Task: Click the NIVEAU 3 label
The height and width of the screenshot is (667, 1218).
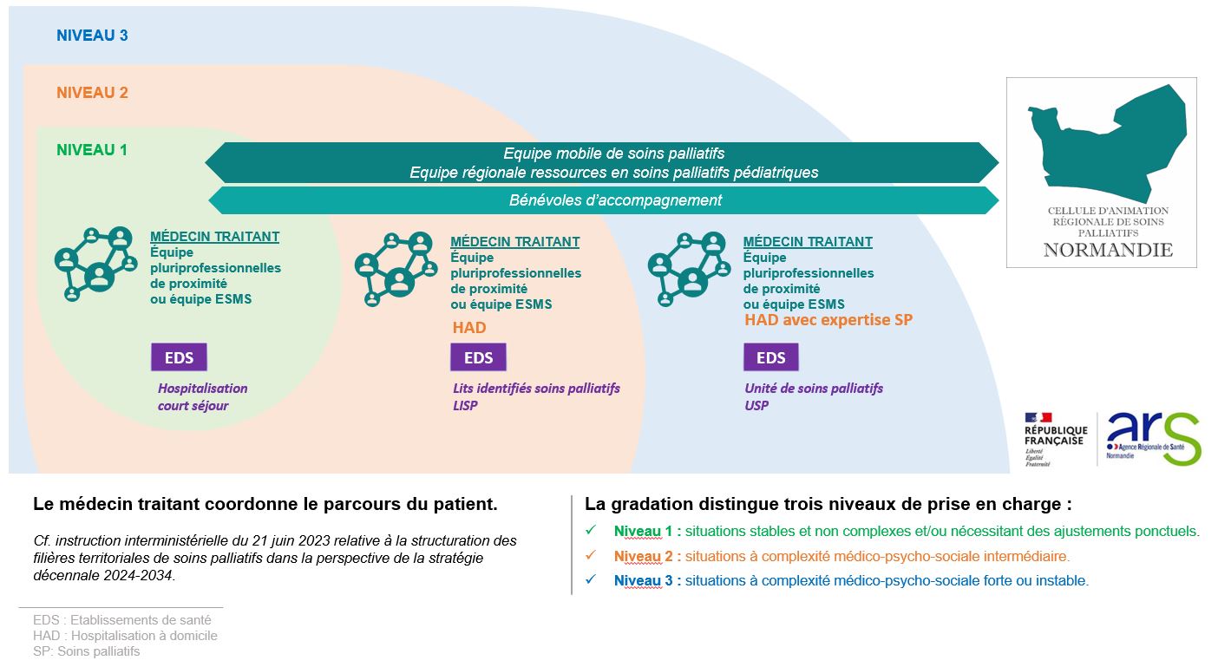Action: (92, 36)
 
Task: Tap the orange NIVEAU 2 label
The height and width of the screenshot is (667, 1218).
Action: (92, 93)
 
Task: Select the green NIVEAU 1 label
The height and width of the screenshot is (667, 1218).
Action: (92, 150)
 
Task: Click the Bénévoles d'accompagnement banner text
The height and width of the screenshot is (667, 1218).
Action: (615, 200)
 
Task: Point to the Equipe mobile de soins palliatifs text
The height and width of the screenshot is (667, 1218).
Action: (613, 154)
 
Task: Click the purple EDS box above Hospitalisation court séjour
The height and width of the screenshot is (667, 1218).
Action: (179, 357)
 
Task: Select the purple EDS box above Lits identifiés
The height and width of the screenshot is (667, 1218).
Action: (478, 357)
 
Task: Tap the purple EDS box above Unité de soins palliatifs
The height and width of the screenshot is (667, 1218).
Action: (770, 357)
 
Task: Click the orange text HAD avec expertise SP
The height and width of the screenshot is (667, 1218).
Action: (828, 320)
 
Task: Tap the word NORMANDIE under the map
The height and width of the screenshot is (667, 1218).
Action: (1108, 250)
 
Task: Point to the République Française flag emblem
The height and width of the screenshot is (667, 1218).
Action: (1038, 418)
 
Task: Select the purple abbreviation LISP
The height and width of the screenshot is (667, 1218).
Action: (465, 405)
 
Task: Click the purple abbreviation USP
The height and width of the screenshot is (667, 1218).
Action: (756, 405)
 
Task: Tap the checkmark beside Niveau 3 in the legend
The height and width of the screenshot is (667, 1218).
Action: (591, 580)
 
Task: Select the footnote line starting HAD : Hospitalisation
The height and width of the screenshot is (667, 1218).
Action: (125, 636)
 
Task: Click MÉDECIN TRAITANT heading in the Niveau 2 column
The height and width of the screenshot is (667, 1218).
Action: (515, 242)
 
